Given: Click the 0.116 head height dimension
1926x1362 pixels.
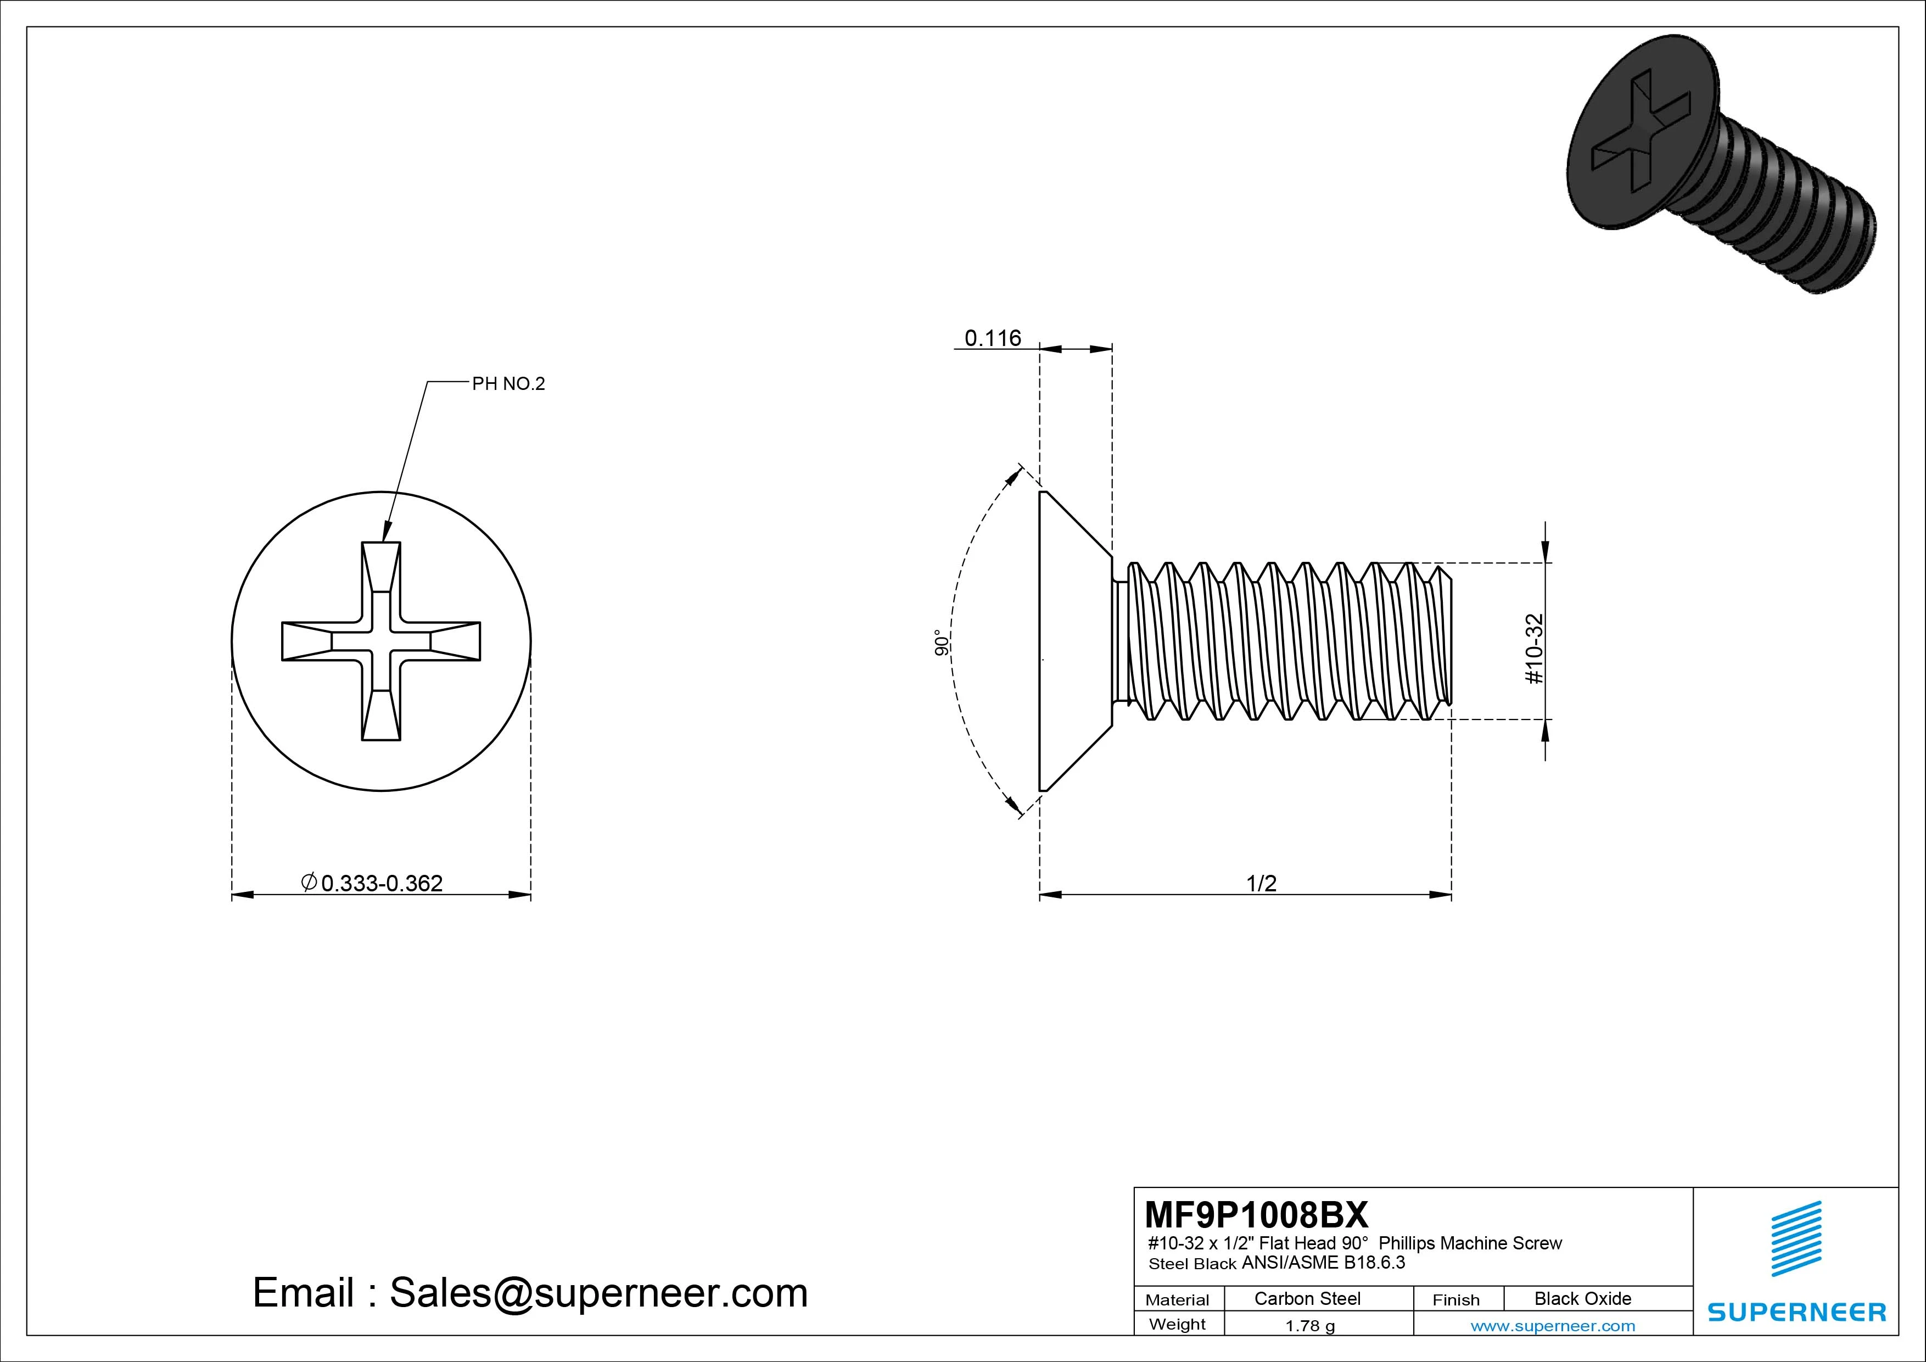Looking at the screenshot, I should click(992, 338).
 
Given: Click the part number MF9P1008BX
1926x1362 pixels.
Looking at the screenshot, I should click(1256, 1214).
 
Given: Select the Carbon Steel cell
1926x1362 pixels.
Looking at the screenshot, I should click(1307, 1298).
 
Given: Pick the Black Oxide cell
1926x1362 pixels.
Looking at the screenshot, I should click(1582, 1298).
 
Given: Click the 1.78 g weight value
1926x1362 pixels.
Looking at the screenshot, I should click(1309, 1326).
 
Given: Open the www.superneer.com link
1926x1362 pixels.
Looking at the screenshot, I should click(1552, 1326).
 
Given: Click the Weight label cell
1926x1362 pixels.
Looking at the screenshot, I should click(1177, 1324).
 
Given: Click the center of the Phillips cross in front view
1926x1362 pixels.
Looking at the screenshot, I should click(381, 641).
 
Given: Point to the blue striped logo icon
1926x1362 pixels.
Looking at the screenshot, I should click(1796, 1238).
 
